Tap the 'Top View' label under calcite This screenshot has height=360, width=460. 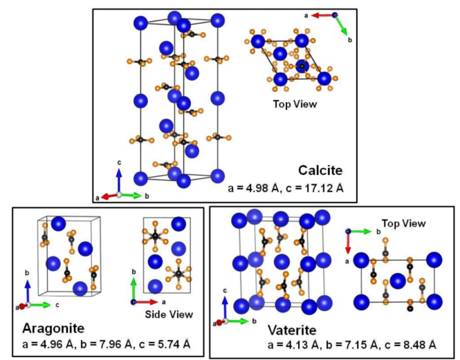[x=294, y=104]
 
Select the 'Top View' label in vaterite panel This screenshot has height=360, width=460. [x=403, y=224]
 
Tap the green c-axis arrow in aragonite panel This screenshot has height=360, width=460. [x=39, y=305]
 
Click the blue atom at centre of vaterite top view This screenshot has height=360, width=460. [x=396, y=281]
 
